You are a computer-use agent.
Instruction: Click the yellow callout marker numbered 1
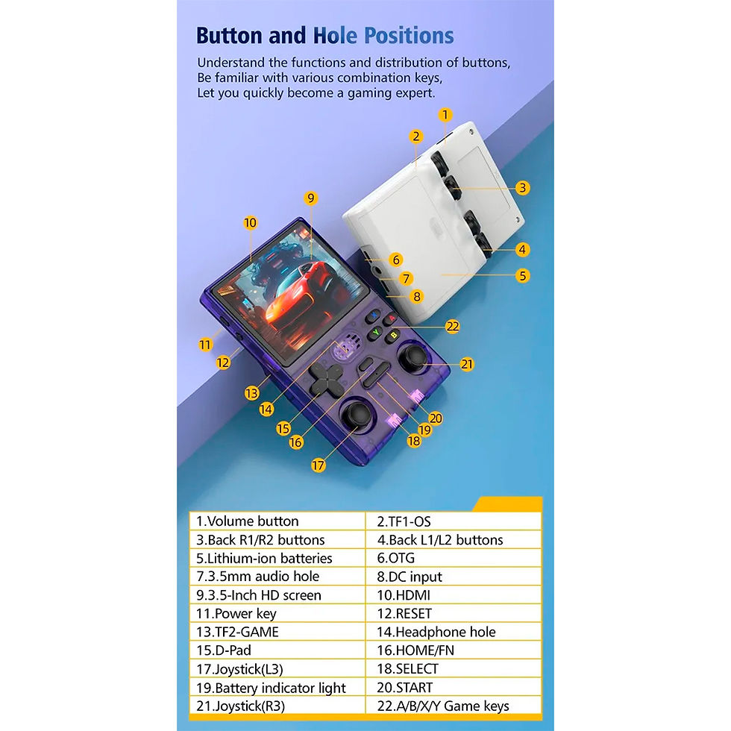[445, 115]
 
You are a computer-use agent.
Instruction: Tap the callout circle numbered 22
[452, 327]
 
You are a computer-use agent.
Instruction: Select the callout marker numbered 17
[318, 465]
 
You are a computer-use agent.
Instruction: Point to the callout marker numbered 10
[251, 223]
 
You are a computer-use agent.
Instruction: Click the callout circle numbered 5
[523, 275]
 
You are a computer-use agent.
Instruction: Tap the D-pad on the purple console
[326, 378]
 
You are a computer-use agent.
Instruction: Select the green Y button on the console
[375, 333]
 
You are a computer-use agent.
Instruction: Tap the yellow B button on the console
[393, 336]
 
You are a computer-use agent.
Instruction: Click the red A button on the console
[391, 319]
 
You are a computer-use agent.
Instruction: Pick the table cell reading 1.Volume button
[277, 521]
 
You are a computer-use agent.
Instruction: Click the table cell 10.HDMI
[454, 595]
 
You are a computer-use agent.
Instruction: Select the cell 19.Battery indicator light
[277, 688]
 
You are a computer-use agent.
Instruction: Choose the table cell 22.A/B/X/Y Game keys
[454, 706]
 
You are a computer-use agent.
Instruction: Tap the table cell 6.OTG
[454, 558]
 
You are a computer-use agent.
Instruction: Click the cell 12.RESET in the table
[454, 613]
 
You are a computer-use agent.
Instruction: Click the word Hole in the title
[335, 36]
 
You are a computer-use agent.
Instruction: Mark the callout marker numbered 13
[252, 393]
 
